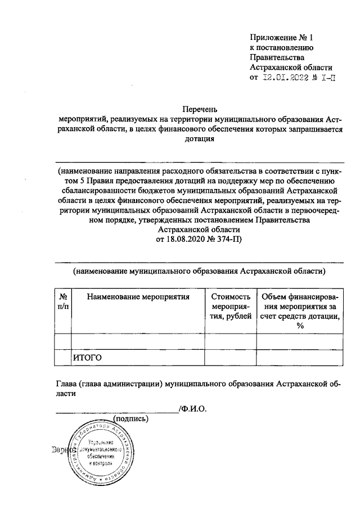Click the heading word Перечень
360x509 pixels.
point(199,109)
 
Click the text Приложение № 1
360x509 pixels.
point(280,37)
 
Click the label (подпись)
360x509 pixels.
point(130,419)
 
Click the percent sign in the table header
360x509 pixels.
point(300,327)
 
